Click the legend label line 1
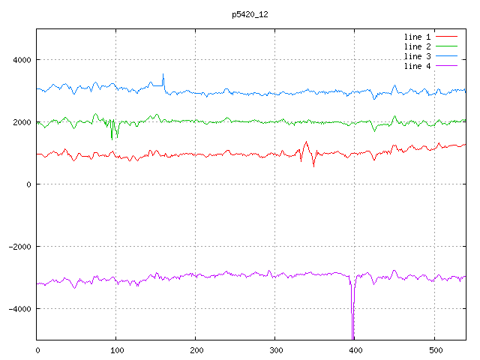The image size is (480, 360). tap(417, 36)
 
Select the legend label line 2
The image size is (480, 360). tap(417, 46)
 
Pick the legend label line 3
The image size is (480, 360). tap(417, 56)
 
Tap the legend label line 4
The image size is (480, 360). tap(417, 67)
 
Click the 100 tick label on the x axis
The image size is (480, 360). tap(116, 350)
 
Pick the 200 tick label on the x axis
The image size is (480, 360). tap(196, 350)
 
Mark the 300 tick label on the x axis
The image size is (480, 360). tap(275, 350)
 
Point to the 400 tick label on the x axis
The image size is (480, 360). tap(355, 350)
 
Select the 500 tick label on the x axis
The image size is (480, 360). tap(434, 350)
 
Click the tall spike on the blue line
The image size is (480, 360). tap(163, 74)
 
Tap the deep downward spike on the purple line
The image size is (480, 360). tap(352, 330)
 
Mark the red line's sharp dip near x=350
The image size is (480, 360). tap(313, 166)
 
